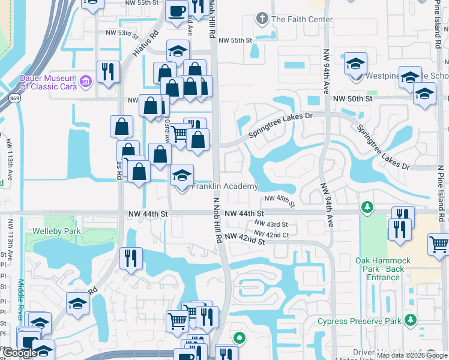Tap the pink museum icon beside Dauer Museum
(85, 80)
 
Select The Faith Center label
(301, 19)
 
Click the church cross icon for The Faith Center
(261, 19)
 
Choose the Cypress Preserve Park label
(359, 321)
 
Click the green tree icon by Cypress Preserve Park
(411, 320)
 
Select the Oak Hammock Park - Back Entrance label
(383, 269)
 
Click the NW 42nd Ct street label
(271, 234)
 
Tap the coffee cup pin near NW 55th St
(177, 12)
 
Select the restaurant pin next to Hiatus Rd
(108, 71)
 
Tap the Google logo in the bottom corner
(20, 353)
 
